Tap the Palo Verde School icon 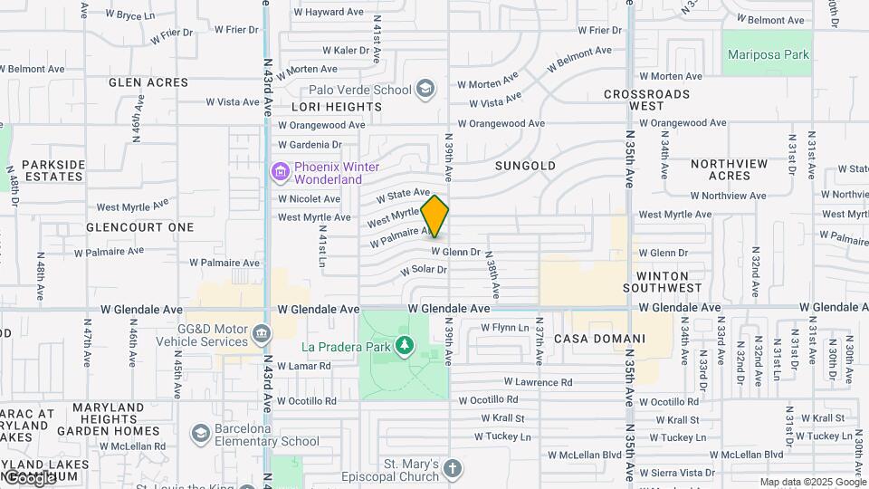[x=425, y=89]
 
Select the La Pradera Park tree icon [x=405, y=346]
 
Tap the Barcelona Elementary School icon [x=200, y=428]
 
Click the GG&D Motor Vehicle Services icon [x=261, y=333]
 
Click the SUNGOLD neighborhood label [x=525, y=167]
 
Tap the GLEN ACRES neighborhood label [x=148, y=82]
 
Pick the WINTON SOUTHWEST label [x=669, y=281]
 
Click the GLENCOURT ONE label [x=140, y=227]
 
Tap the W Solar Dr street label [x=424, y=270]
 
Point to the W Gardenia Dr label [x=310, y=144]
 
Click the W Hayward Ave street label [x=329, y=13]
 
